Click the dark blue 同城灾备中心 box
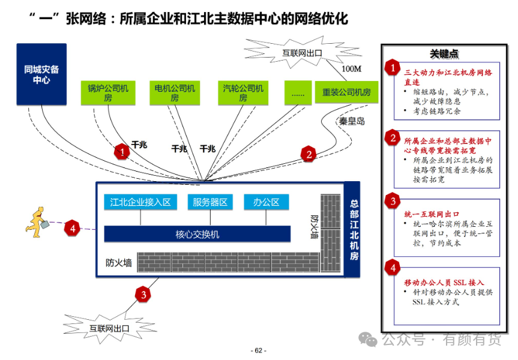pyautogui.click(x=41, y=74)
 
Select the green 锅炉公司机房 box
pyautogui.click(x=108, y=93)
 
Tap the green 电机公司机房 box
pyautogui.click(x=175, y=93)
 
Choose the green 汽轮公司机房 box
pyautogui.click(x=243, y=93)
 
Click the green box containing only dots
pyautogui.click(x=298, y=93)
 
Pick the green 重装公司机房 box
pyautogui.click(x=346, y=92)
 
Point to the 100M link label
pyautogui.click(x=352, y=68)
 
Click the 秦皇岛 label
pyautogui.click(x=352, y=121)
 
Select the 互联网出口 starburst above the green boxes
pyautogui.click(x=302, y=53)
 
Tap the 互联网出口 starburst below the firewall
pyautogui.click(x=109, y=328)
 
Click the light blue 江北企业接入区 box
pyautogui.click(x=140, y=202)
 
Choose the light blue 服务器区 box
pyautogui.click(x=210, y=202)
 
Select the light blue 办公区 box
pyautogui.click(x=267, y=202)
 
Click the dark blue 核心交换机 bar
pyautogui.click(x=197, y=234)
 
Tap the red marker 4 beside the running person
pyautogui.click(x=73, y=228)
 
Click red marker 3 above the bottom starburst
pyautogui.click(x=143, y=294)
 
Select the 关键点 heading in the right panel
pyautogui.click(x=444, y=54)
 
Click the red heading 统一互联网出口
pyautogui.click(x=432, y=214)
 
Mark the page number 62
pyautogui.click(x=259, y=350)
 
